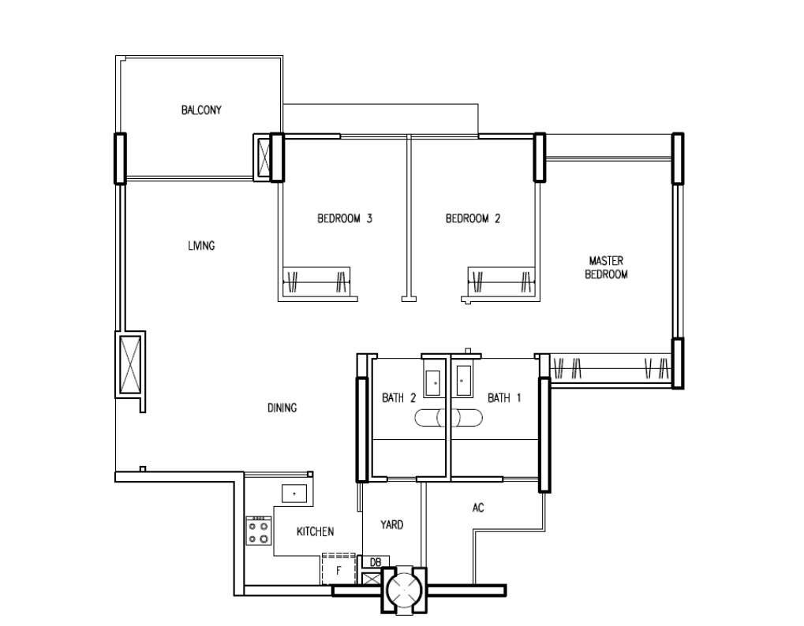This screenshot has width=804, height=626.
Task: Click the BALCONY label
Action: [201, 110]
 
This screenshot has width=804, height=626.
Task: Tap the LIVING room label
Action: [201, 246]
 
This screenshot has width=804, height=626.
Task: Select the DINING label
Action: [282, 408]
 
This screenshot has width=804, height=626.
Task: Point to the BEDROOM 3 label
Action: [345, 218]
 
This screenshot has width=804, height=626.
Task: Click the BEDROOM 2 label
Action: [473, 218]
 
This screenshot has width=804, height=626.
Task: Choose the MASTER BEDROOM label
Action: [606, 267]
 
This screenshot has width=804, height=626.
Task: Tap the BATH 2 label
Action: [399, 397]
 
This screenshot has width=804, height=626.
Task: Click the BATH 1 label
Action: [504, 397]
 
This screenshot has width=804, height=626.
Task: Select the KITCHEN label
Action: [316, 531]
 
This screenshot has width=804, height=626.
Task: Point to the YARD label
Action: [392, 524]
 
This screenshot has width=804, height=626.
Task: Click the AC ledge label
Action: [478, 508]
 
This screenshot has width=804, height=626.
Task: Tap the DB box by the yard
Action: [376, 562]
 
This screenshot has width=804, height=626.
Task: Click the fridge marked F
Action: [338, 569]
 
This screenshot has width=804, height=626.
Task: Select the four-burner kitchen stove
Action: [259, 531]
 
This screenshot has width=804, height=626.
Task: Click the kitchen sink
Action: [294, 494]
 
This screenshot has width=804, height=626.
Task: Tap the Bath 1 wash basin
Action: [463, 381]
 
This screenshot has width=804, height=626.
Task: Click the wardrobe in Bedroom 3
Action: [316, 281]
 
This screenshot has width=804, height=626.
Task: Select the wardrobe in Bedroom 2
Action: [502, 281]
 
